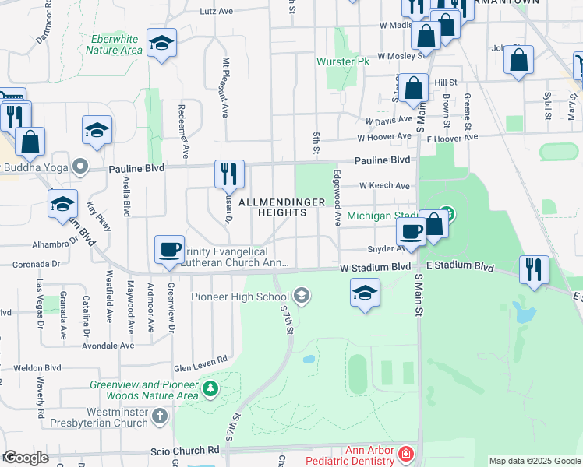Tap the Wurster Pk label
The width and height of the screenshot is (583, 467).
[x=342, y=61]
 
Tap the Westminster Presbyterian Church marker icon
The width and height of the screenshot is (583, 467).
[x=159, y=416]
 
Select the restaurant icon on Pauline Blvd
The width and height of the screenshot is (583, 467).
[x=228, y=173]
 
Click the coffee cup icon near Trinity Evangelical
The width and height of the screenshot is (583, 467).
[x=169, y=249]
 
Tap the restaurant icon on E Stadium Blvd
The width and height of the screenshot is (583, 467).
[x=533, y=269]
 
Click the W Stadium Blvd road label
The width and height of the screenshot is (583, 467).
[x=374, y=267]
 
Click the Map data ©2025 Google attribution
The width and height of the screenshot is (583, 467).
[x=534, y=461]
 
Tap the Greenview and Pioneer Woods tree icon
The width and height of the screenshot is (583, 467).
[x=209, y=387]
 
